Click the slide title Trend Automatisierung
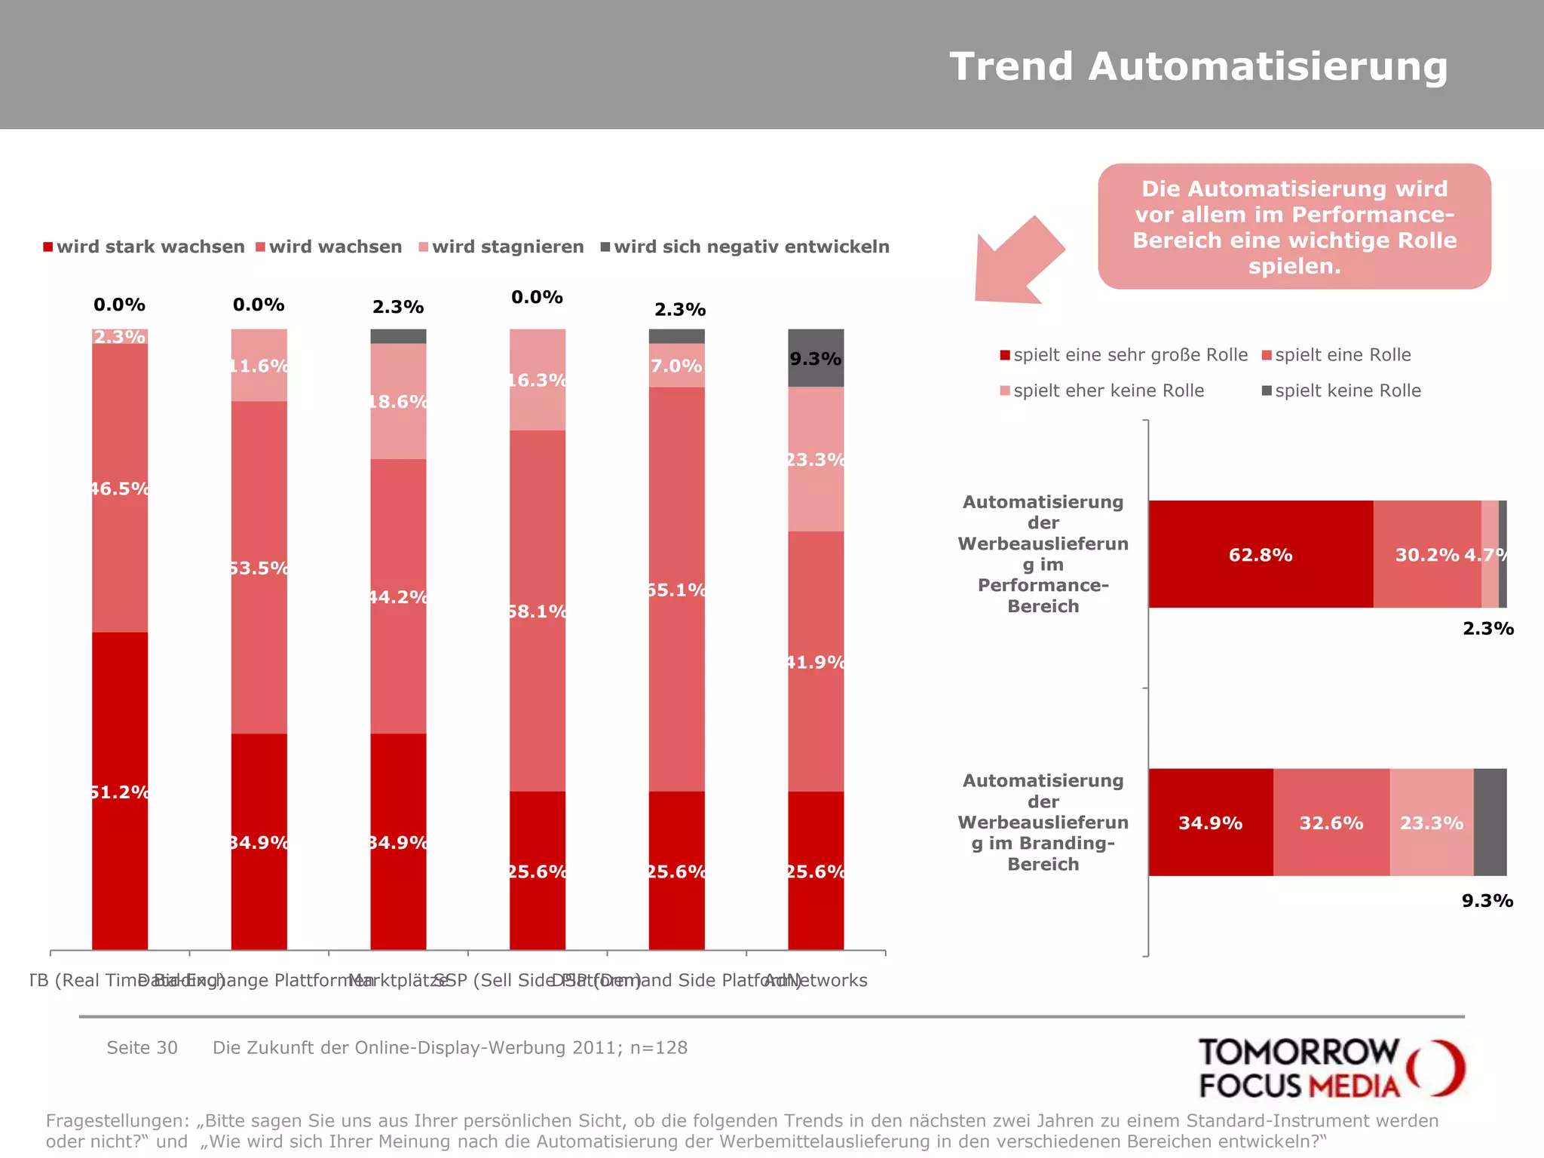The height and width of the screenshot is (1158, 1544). coord(1198,66)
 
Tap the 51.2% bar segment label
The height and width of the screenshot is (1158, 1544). coord(120,792)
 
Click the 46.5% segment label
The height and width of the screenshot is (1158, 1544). coord(120,489)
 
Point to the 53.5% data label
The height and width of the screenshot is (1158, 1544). coord(259,568)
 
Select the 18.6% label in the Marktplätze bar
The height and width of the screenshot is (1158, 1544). coord(399,401)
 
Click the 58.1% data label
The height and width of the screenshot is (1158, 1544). coord(538,611)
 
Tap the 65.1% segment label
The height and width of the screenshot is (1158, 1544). coord(677,590)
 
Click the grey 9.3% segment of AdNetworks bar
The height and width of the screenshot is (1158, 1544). coord(816,359)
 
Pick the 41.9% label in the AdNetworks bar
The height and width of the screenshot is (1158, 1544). coord(816,662)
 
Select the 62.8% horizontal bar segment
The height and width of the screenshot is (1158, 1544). coord(1261,555)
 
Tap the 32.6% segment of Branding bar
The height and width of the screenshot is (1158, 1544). coord(1331,823)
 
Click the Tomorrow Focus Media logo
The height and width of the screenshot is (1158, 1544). coord(1330,1068)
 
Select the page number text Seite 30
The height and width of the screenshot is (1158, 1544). coord(142,1048)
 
